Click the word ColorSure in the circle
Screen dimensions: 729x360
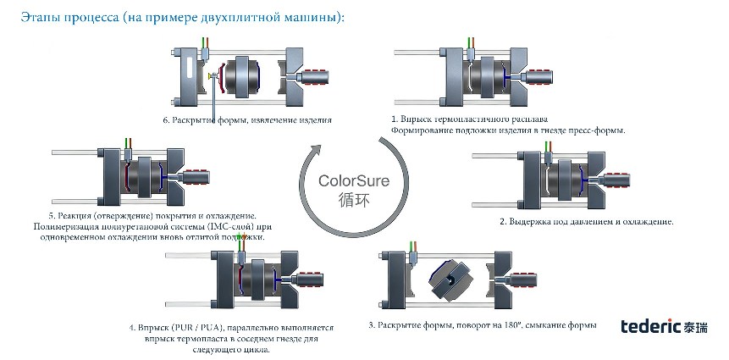point(353,180)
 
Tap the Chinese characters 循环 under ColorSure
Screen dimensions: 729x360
point(354,200)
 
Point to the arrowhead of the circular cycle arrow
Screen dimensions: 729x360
point(317,149)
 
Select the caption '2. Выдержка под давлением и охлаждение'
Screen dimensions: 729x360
point(587,221)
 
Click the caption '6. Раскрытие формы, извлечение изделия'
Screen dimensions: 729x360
point(247,120)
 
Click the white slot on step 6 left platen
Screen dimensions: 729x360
point(188,68)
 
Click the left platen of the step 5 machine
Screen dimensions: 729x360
point(112,177)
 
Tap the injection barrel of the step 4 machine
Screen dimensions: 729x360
point(308,280)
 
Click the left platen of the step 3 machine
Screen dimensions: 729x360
point(396,280)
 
